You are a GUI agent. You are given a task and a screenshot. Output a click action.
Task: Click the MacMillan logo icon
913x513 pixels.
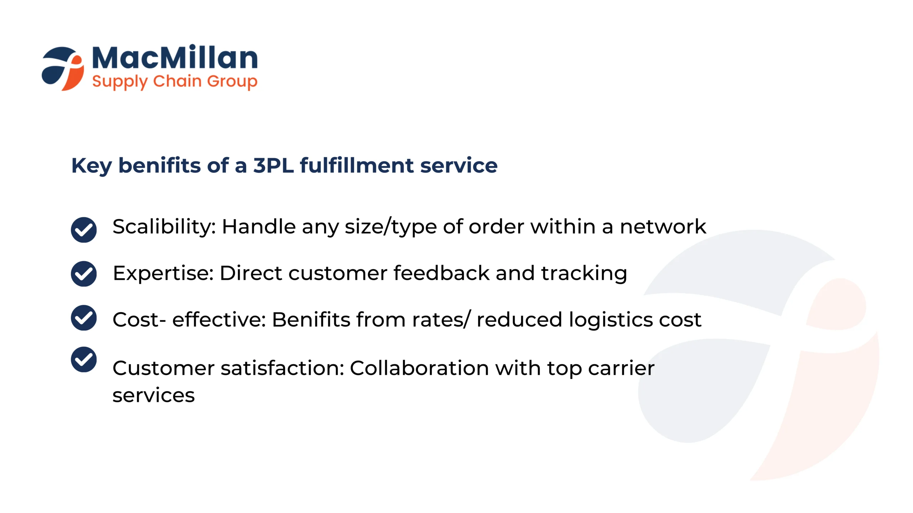click(63, 68)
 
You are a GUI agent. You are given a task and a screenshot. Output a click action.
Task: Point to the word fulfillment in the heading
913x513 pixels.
click(357, 165)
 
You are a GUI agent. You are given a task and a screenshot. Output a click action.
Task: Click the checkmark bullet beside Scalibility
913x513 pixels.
click(84, 230)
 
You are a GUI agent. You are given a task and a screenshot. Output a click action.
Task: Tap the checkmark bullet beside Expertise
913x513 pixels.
click(84, 274)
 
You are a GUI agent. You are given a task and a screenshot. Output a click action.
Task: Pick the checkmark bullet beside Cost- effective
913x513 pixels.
click(84, 318)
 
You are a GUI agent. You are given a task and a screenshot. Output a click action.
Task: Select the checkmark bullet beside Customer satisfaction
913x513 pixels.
click(84, 359)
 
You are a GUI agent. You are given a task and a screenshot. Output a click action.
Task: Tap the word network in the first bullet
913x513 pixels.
click(663, 227)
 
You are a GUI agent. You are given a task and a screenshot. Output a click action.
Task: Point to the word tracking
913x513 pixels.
click(584, 274)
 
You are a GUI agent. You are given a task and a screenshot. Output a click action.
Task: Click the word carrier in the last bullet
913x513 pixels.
click(621, 368)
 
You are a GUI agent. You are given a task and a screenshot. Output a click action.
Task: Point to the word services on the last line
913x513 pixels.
click(154, 395)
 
